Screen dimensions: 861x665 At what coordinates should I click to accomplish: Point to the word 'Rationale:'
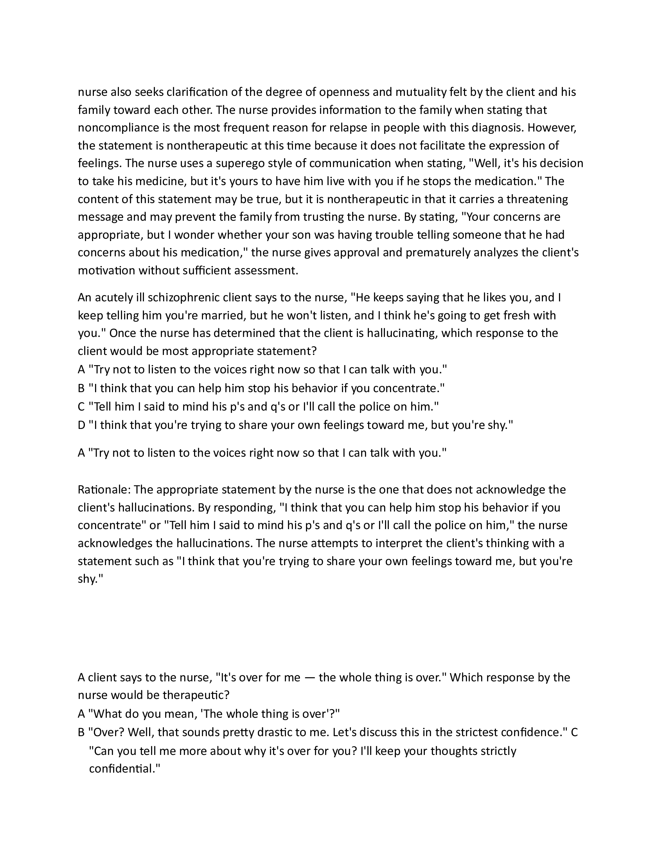coord(104,490)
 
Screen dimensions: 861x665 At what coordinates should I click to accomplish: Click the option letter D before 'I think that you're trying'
coord(81,425)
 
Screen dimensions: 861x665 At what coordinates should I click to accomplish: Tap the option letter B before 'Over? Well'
coord(81,733)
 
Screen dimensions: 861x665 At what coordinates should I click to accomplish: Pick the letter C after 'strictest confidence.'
coord(574,733)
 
